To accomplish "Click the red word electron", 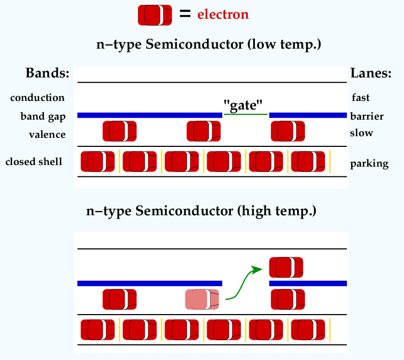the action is [223, 14].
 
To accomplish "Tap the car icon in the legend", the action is [155, 15].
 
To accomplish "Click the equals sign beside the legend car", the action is [185, 13].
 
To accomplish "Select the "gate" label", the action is [243, 105].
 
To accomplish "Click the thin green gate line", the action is [246, 114].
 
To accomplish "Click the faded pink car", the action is [202, 299].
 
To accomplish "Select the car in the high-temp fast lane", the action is [286, 267].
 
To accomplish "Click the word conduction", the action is [37, 98].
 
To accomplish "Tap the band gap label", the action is [43, 116].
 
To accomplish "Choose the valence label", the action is [47, 135].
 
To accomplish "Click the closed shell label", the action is [34, 162].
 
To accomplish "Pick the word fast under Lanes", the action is [361, 98].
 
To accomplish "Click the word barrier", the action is [367, 116].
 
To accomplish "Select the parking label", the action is [369, 164].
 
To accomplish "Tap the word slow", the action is [361, 133].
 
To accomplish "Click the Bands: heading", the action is [48, 73].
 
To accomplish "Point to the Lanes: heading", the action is [371, 73].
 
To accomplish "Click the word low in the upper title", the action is [264, 44].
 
